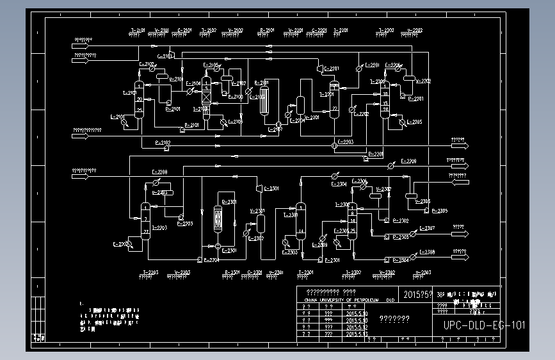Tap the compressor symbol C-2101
172,51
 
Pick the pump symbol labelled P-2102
166,147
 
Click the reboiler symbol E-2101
125,122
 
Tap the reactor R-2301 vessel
218,218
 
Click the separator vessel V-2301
261,222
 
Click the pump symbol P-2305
426,210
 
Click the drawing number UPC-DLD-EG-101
484,325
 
